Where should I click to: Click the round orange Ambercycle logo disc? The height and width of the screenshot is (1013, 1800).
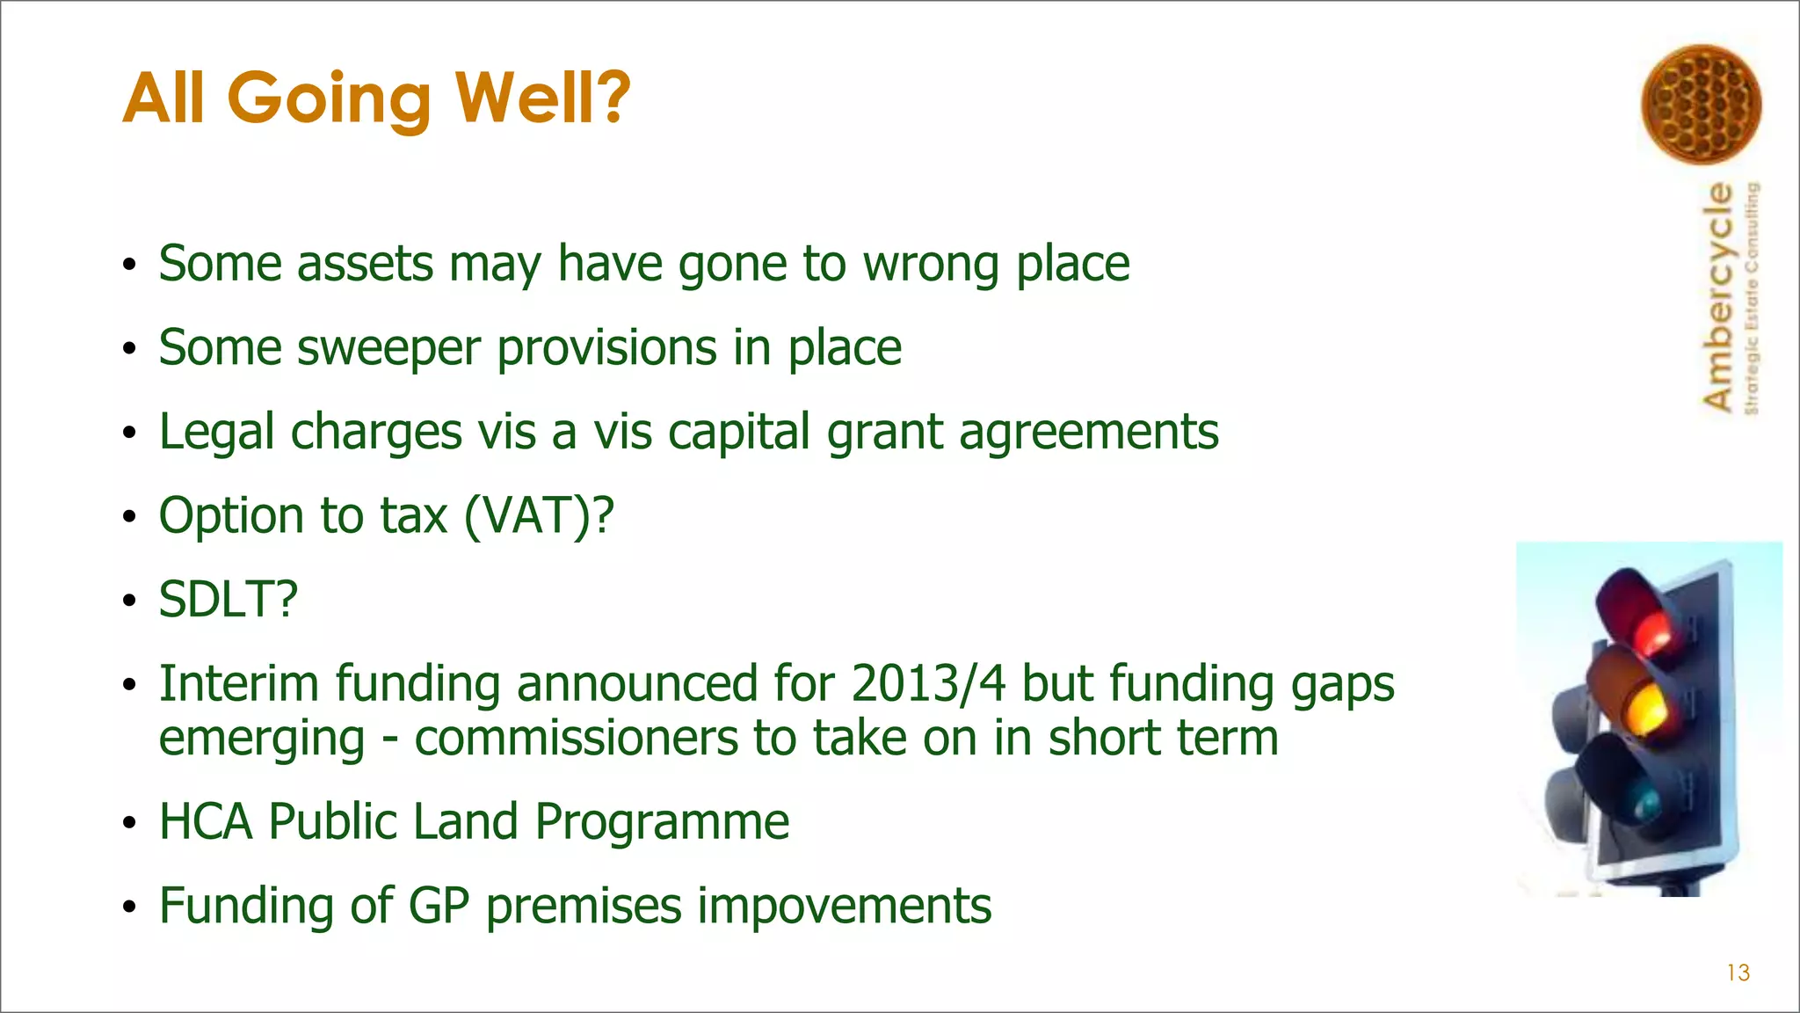point(1701,105)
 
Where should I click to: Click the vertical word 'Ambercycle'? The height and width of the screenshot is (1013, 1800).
point(1718,296)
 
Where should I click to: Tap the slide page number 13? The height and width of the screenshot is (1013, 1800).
point(1738,973)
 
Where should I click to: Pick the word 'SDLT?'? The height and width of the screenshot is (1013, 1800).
point(228,600)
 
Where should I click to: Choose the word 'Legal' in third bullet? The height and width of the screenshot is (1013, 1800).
point(216,433)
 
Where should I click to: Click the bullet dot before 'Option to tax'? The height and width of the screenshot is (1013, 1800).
point(129,517)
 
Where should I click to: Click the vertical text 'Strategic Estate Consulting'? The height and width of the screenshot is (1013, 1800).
point(1752,298)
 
